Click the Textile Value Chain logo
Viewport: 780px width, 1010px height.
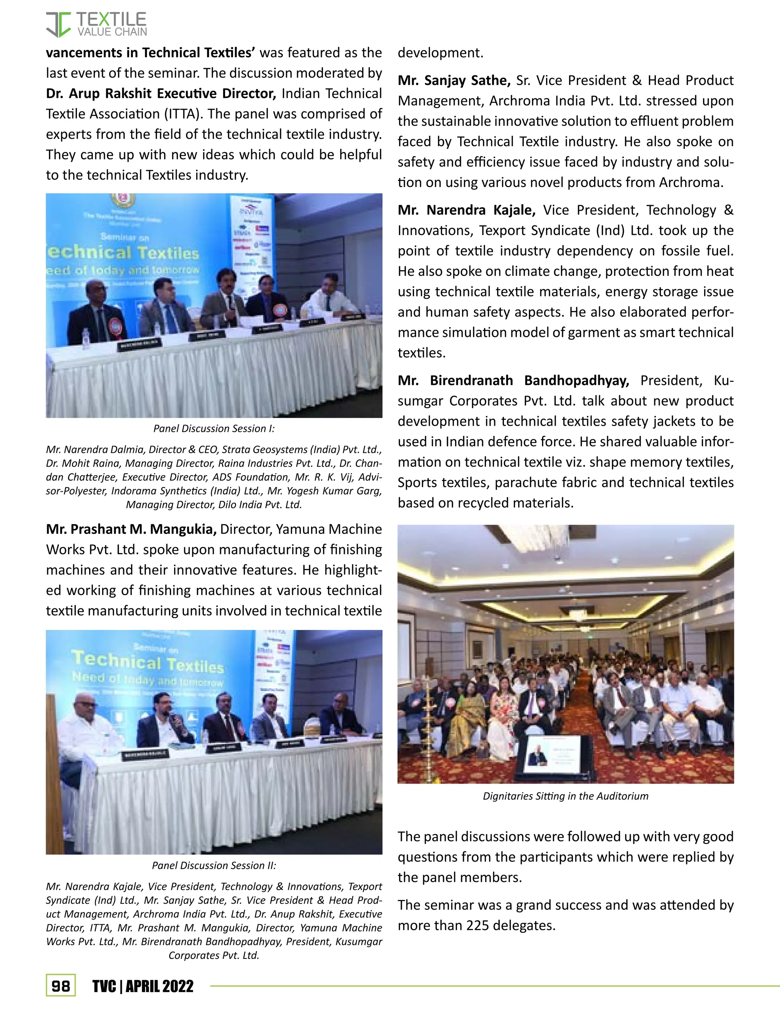96,24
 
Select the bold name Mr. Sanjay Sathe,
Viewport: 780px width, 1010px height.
454,80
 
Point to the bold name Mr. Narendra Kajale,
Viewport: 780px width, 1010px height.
466,210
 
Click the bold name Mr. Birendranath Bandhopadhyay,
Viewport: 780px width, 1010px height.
513,381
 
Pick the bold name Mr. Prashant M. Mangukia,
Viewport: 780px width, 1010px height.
131,529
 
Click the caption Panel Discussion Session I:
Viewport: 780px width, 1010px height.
214,429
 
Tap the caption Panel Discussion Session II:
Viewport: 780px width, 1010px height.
214,865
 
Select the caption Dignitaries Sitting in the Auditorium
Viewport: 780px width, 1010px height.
565,796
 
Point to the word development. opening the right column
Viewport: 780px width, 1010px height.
440,53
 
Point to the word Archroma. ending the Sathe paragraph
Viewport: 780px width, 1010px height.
691,182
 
